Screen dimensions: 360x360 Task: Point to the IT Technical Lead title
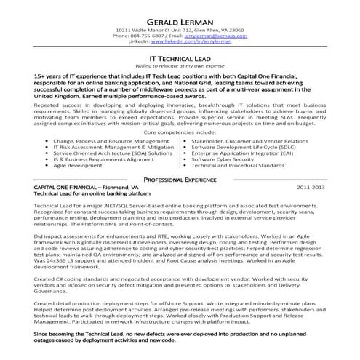180,56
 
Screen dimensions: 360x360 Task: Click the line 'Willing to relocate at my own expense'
180,65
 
